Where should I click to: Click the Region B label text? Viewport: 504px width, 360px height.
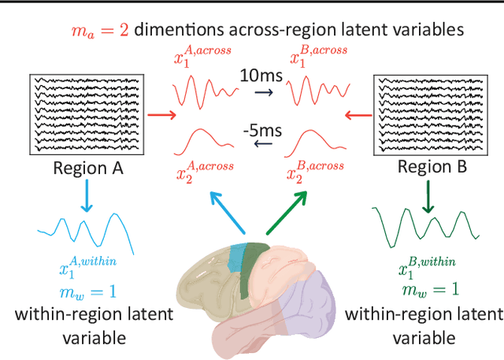tap(432, 167)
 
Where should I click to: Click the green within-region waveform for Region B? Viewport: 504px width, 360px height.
tap(425, 225)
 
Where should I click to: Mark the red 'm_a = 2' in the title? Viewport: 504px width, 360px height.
tap(95, 31)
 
